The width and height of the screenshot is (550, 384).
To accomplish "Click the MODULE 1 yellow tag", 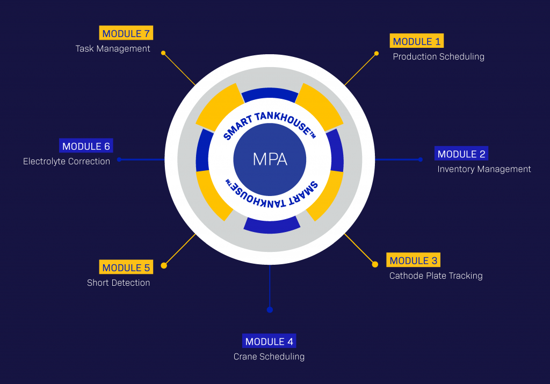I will pos(417,41).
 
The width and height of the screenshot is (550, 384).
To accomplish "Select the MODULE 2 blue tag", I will pos(461,154).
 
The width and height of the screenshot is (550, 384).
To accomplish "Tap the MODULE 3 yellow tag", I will pos(414,260).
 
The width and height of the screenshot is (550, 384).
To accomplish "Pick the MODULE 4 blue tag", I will pos(269,342).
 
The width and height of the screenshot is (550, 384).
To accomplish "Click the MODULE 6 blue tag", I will pos(86,146).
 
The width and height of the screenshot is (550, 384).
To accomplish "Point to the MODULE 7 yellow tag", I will pos(126,33).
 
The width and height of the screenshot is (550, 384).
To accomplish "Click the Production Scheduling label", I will pos(438,56).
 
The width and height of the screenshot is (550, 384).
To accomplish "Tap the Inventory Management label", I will pos(484,169).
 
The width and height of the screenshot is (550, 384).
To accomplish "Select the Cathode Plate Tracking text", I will pos(436,276).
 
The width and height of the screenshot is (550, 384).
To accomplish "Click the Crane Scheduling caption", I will pos(269,357).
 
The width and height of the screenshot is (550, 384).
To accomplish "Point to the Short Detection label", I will pos(119,282).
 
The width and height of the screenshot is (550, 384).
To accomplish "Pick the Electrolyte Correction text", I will pos(67,161).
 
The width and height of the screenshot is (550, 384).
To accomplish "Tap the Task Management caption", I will pos(113,48).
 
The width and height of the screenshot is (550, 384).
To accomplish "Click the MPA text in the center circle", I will pos(270,160).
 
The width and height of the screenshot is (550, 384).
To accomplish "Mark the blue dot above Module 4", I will pos(270,309).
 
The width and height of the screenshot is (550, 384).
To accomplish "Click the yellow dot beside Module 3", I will pos(375,264).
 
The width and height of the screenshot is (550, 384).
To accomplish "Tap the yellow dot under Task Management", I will pos(163,53).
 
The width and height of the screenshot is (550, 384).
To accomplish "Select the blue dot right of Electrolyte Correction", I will pos(119,160).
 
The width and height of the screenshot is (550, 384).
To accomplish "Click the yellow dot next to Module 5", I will pos(164,265).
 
